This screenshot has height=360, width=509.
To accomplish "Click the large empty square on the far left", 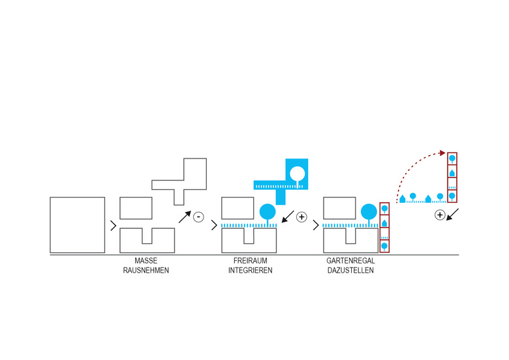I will click(77, 224).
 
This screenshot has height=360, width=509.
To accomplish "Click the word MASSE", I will click(146, 262).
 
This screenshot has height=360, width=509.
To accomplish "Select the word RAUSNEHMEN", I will click(146, 270).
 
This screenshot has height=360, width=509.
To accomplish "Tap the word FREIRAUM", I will click(250, 262).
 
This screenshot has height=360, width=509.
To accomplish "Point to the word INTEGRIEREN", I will click(250, 270).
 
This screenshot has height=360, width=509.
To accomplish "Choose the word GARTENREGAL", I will click(351, 262).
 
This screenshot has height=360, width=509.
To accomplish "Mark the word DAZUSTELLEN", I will click(351, 270).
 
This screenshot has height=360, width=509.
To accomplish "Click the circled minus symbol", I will click(198, 217).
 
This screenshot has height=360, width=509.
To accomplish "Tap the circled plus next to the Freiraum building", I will click(301, 217).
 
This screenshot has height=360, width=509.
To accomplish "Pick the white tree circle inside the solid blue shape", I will click(297, 173).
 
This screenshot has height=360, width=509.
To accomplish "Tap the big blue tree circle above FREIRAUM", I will click(267, 211).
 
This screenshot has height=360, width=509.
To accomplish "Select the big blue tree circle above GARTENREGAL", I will click(369, 211).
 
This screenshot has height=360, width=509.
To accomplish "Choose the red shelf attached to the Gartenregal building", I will click(384, 228).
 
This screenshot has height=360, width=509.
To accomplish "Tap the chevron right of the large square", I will click(114, 226).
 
